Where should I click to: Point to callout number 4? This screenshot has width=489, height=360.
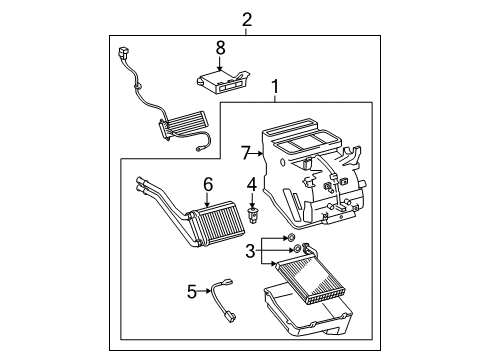[252, 183]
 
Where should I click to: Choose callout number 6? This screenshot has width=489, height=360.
[208, 183]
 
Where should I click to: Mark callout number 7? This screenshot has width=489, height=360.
[245, 153]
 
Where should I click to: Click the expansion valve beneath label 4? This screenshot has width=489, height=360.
[252, 213]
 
